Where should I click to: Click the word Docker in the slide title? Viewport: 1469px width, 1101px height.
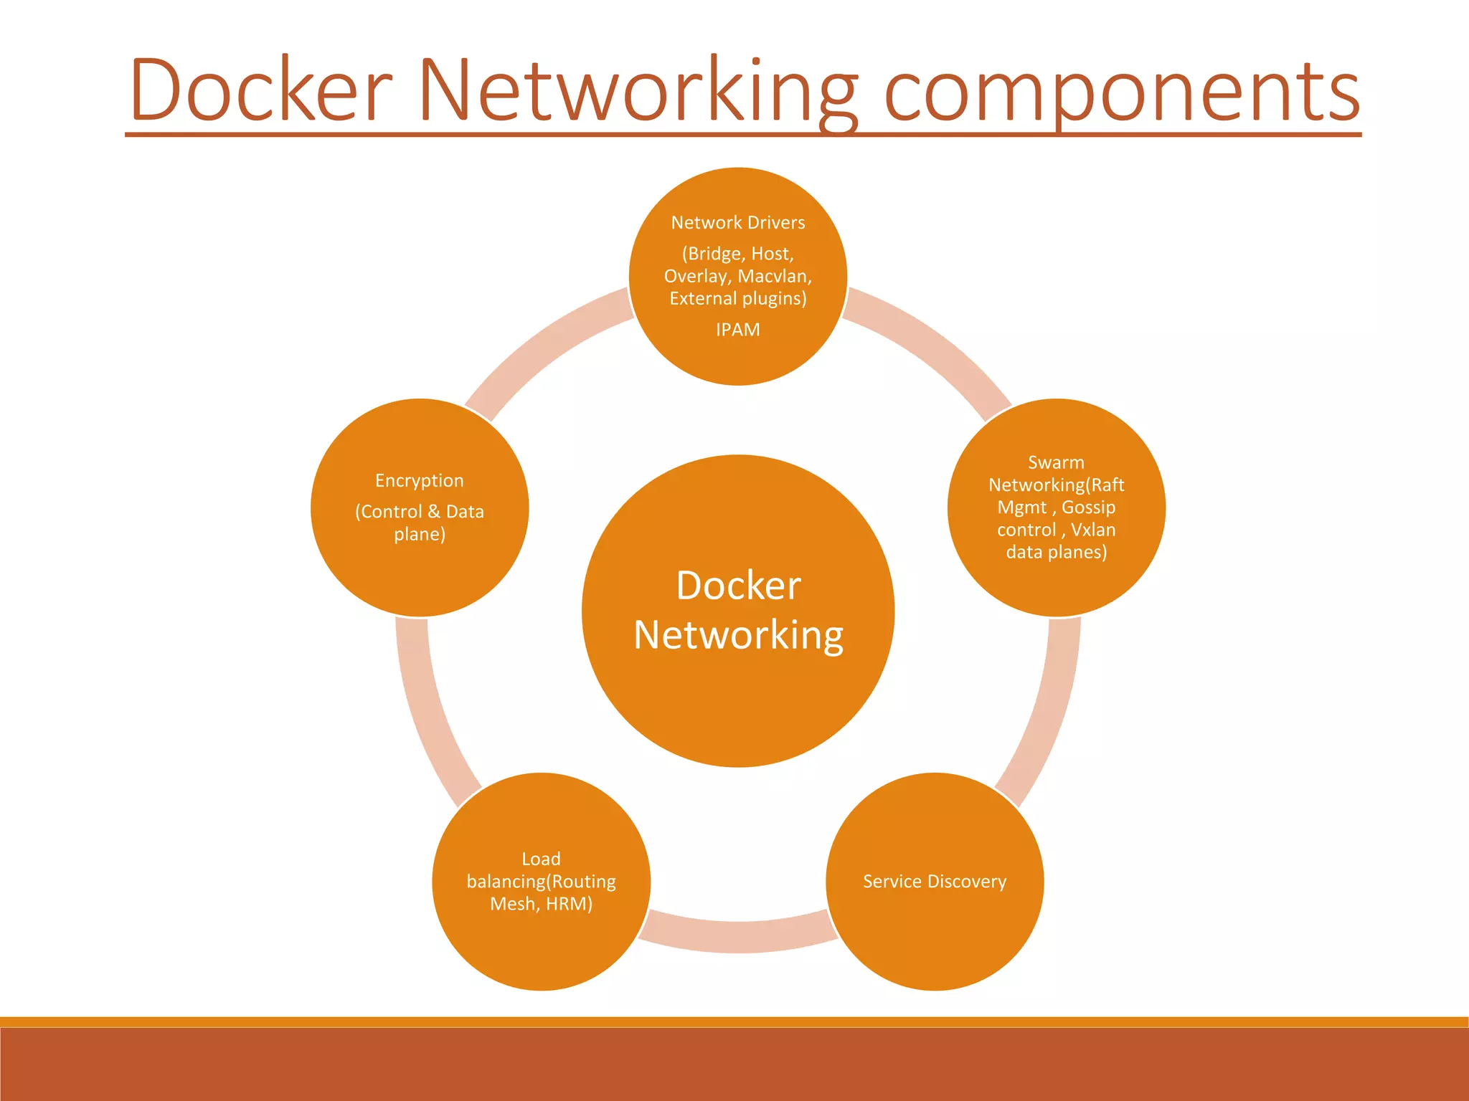(261, 90)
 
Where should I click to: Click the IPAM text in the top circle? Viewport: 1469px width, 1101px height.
(737, 330)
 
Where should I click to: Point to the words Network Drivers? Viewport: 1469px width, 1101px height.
(737, 223)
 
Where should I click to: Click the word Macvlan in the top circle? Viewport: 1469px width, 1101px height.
(774, 277)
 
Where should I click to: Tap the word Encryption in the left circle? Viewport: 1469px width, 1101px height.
(419, 481)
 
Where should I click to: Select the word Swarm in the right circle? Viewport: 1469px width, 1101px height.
(1056, 462)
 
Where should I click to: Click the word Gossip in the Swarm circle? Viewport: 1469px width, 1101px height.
(1088, 507)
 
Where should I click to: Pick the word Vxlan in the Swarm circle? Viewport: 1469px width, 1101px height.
(1092, 530)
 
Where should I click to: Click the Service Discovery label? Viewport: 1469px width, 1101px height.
(934, 882)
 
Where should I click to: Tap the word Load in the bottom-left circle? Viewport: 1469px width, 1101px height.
(541, 859)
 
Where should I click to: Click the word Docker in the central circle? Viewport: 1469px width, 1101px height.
(738, 586)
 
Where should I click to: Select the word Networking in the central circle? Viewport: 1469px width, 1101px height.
(738, 636)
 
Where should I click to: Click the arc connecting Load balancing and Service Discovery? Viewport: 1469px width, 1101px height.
(738, 936)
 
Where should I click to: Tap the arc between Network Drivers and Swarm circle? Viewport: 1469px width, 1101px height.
(932, 344)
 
